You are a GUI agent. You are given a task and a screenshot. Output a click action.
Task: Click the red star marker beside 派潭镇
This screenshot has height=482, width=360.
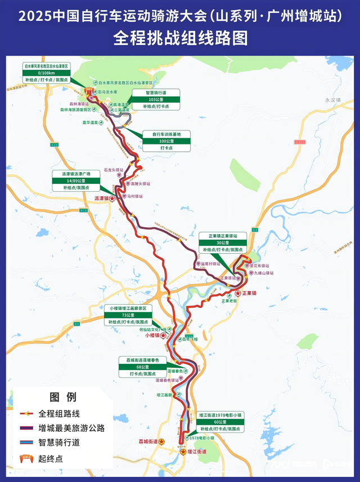[112, 199]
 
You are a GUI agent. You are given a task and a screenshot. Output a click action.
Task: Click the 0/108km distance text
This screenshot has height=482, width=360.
[46, 73]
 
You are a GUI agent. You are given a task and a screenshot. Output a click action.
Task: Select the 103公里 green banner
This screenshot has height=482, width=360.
[155, 100]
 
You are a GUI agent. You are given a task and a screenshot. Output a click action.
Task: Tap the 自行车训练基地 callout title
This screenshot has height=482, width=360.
[166, 134]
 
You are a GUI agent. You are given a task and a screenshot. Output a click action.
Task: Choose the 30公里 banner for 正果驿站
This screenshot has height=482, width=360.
[222, 242]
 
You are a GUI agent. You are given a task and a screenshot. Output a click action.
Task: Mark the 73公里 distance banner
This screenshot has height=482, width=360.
[128, 315]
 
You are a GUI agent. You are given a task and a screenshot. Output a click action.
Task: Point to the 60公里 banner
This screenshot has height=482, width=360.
[220, 422]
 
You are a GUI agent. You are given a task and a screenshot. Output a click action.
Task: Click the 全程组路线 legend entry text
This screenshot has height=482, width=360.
[60, 413]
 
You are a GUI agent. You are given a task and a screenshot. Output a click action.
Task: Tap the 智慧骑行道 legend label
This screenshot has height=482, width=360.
[59, 443]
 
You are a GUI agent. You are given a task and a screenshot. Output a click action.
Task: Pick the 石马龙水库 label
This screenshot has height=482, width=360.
[107, 91]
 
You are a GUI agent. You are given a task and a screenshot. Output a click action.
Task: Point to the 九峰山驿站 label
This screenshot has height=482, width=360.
[263, 273]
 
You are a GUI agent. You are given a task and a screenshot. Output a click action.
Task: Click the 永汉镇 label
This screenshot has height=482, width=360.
[333, 100]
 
